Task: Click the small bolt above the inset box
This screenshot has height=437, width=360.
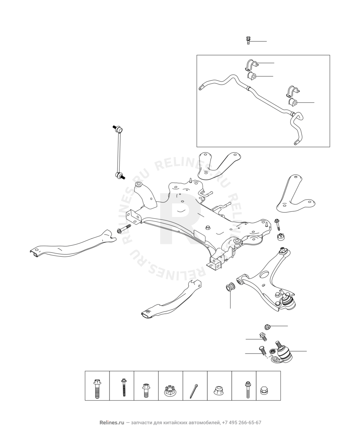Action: pos(248,40)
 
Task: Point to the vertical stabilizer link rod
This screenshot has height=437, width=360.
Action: pos(119,152)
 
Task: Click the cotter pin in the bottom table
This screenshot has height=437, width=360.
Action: pos(194,390)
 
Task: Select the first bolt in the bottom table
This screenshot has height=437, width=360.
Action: pos(97,388)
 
